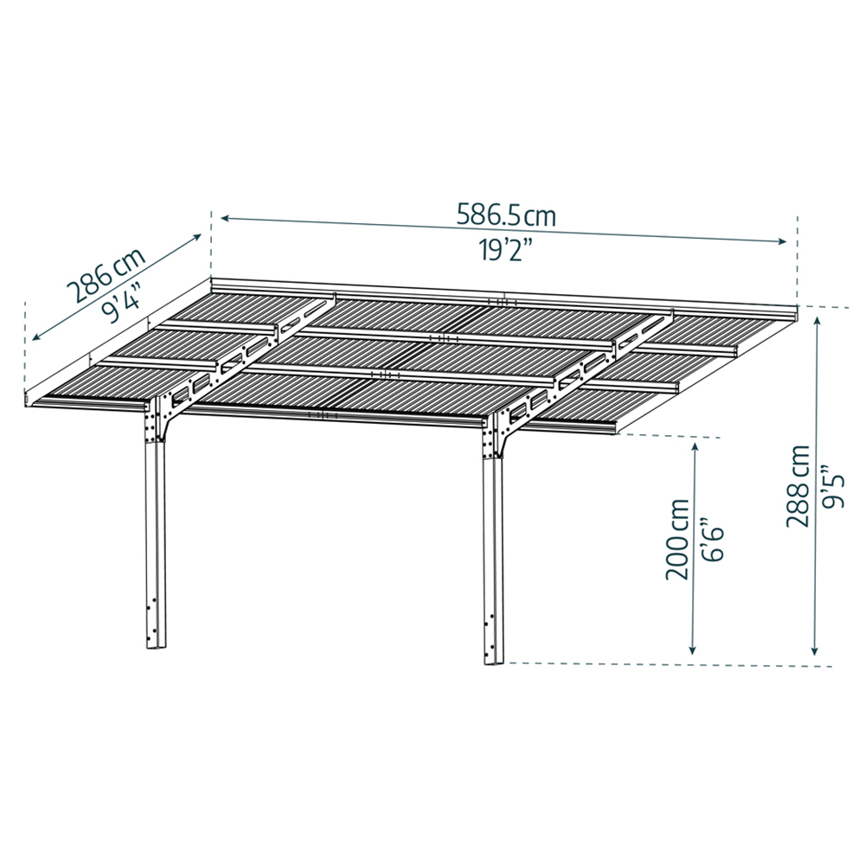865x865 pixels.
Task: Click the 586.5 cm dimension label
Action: [x=506, y=215]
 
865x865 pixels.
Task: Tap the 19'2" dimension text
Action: [x=505, y=251]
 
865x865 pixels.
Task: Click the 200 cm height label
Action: [x=678, y=539]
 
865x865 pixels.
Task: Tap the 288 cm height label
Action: [x=798, y=486]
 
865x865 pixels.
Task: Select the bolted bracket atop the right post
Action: [x=500, y=435]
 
